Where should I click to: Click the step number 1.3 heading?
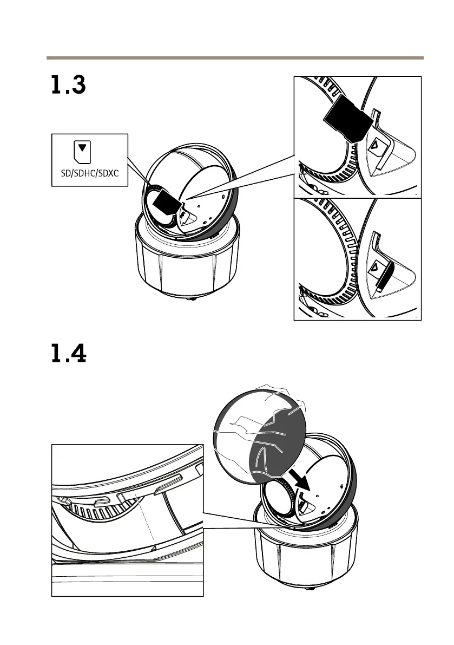point(68,86)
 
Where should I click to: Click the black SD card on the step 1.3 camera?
point(165,205)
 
